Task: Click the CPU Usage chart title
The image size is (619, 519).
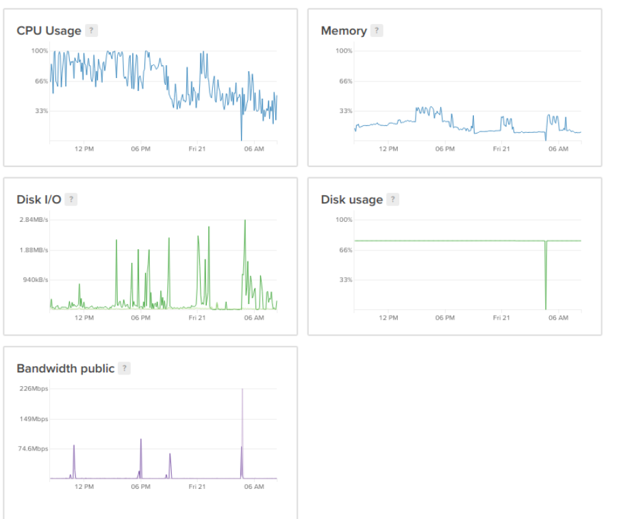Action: [x=49, y=31]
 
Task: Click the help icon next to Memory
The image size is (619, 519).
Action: [x=377, y=31]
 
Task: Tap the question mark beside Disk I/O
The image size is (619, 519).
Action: [x=71, y=199]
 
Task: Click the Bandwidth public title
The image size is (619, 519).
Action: [x=65, y=368]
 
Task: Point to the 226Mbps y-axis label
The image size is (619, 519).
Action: [x=34, y=388]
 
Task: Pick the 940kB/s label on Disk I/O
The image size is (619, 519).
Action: [x=35, y=280]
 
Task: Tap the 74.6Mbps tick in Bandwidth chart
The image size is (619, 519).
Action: [x=33, y=448]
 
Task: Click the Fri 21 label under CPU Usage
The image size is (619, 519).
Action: [x=197, y=149]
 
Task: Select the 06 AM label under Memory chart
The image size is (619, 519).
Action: [x=558, y=149]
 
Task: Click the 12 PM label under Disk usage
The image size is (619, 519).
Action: [x=388, y=318]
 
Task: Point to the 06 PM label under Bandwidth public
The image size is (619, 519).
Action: [x=140, y=486]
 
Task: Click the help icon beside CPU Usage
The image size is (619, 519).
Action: [x=91, y=31]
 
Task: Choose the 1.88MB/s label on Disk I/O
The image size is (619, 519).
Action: [x=34, y=250]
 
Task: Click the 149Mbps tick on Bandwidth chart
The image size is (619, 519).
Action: [x=34, y=418]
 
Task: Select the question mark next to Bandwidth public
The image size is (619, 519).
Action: [x=124, y=368]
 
